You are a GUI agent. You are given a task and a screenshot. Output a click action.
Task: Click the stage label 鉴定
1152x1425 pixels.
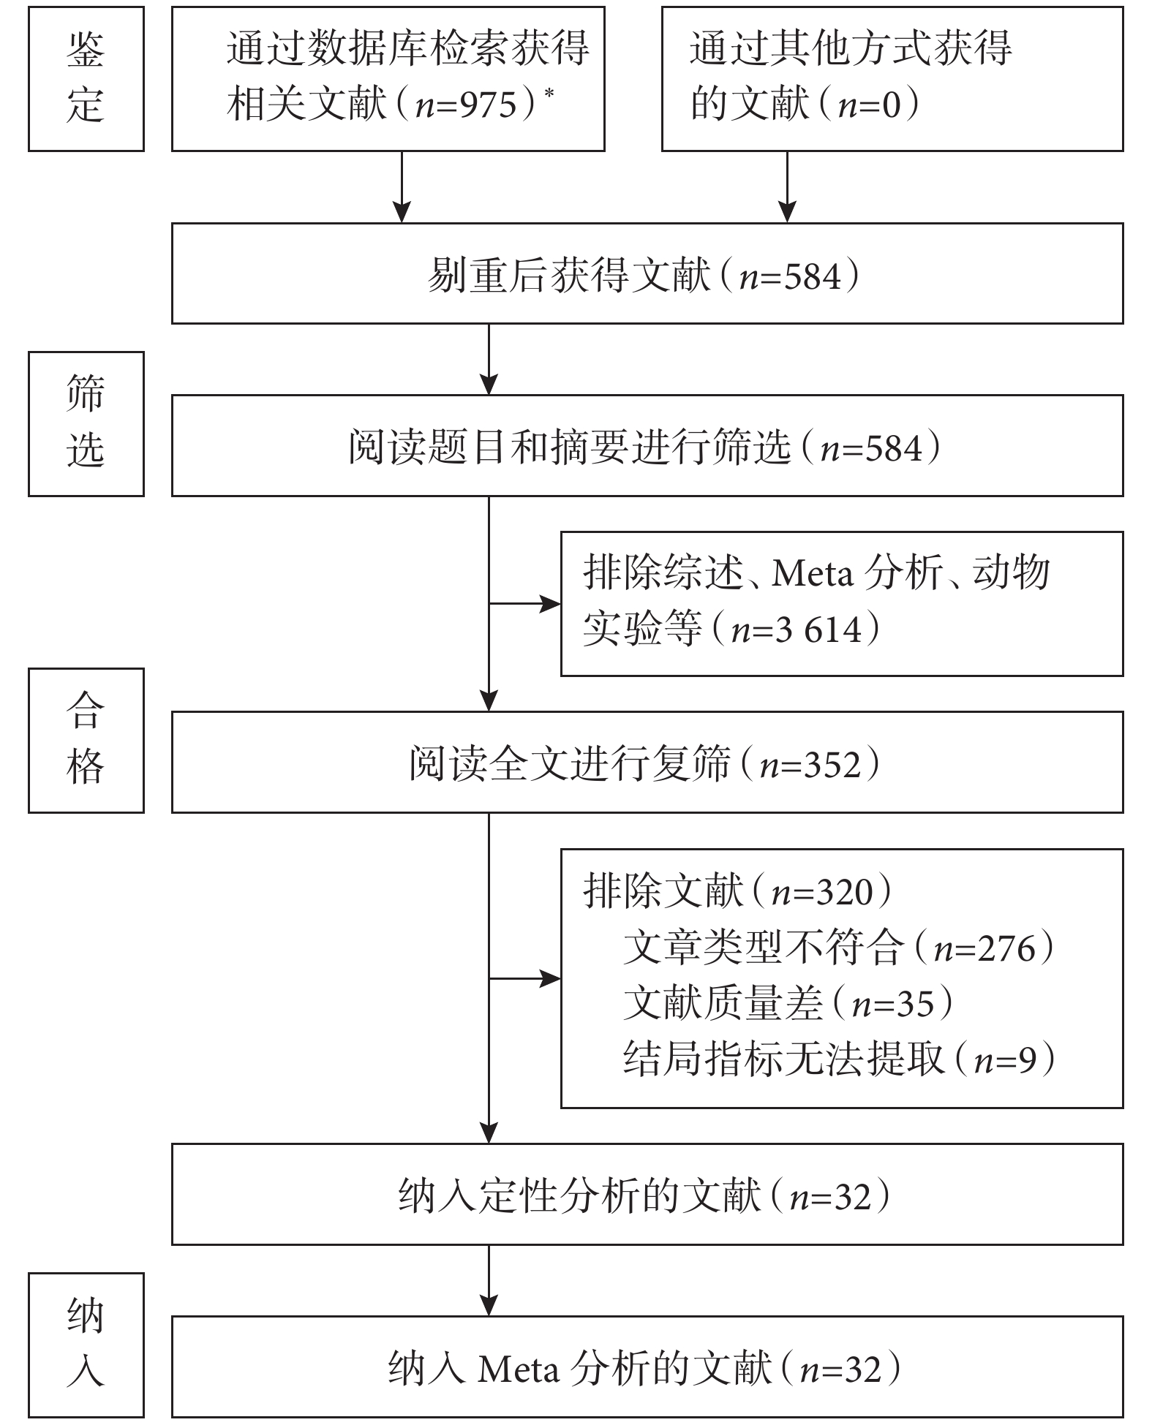coord(86,79)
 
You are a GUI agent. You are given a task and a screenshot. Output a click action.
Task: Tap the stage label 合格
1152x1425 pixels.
coord(86,740)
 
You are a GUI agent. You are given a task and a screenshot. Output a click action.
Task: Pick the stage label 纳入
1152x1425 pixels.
coord(86,1345)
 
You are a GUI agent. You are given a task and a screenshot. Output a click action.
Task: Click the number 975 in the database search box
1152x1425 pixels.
coord(488,105)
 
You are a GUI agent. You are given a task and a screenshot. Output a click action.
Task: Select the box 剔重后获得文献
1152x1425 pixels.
coord(647,273)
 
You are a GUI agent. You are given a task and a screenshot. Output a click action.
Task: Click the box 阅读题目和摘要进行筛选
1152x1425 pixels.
coord(647,446)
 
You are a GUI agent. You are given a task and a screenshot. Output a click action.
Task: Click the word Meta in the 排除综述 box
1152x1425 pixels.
coord(813,573)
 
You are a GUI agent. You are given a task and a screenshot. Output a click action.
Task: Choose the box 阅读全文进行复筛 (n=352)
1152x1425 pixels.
coord(647,763)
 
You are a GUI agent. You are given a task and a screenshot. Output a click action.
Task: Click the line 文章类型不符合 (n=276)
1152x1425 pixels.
coord(839,948)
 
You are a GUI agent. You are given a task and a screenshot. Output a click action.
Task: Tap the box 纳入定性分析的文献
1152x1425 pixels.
coord(647,1195)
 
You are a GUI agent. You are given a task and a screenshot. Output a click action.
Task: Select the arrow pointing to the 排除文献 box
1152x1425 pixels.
coord(524,978)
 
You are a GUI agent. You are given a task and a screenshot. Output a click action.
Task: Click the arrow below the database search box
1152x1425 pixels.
coord(402,187)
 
